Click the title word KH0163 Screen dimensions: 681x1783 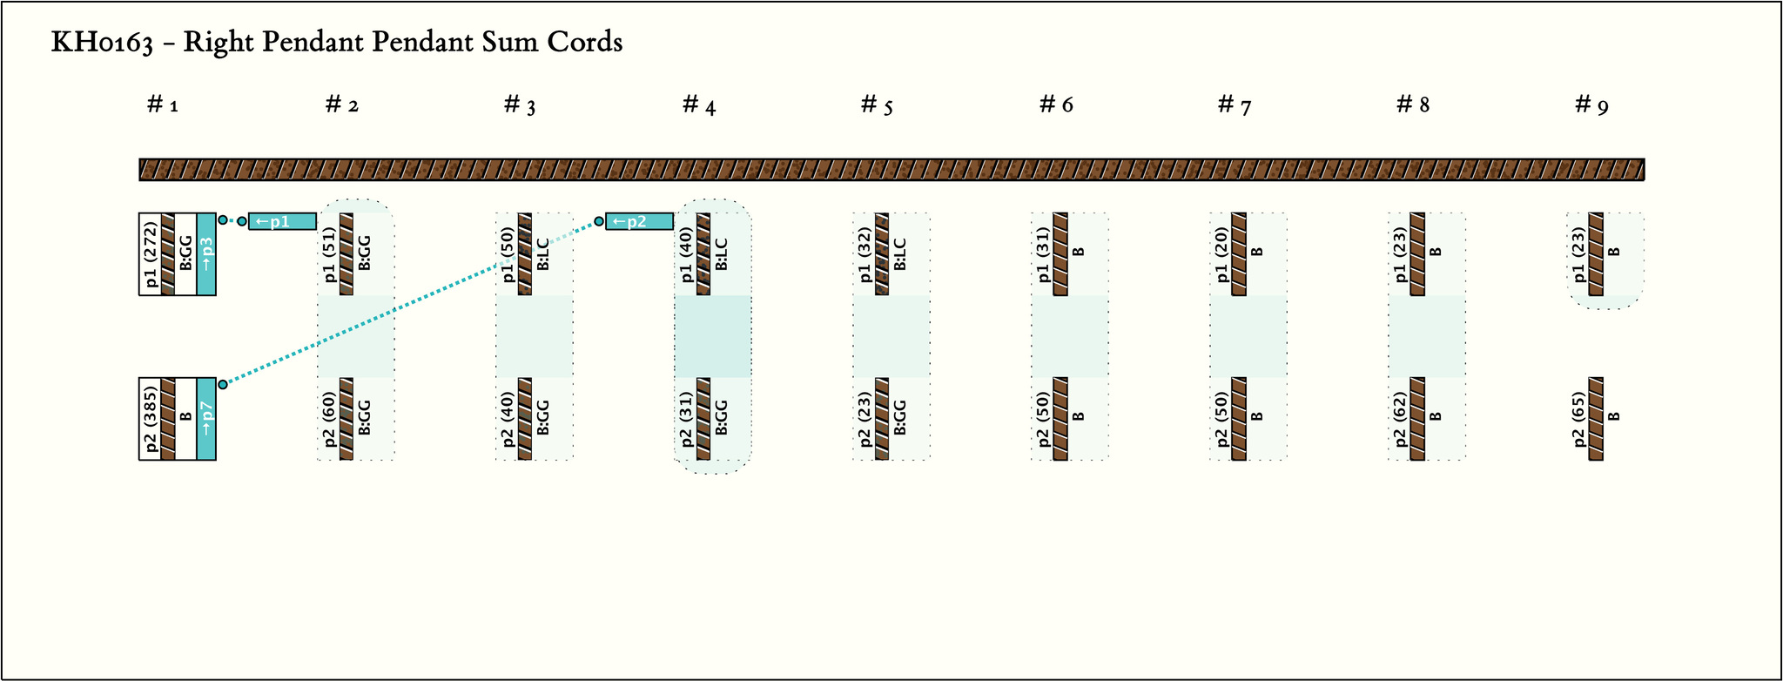coord(103,43)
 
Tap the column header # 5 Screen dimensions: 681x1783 coord(877,105)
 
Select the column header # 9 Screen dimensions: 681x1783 coord(1591,105)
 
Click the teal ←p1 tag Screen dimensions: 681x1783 coord(282,221)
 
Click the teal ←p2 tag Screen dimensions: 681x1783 coord(639,221)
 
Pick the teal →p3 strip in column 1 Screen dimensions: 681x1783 coord(206,254)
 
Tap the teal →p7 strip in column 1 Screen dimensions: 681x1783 coord(206,419)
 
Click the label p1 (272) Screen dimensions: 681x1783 coord(149,254)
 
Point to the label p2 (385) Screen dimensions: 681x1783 coord(149,419)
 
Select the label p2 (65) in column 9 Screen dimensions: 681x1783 coord(1578,419)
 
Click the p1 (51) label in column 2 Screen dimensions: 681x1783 coord(328,254)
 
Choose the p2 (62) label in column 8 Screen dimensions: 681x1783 coord(1400,419)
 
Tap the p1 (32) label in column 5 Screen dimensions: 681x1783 coord(864,254)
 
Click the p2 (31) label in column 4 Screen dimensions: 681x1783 coord(685,419)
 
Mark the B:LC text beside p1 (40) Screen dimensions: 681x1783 coord(721,254)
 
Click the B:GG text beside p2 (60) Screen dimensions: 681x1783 coord(364,419)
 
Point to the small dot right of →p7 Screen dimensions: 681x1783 coord(223,384)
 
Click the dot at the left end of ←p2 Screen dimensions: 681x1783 coord(599,221)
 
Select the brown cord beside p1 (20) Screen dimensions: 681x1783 coord(1239,254)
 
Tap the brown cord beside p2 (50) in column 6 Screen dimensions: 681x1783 coord(1060,419)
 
